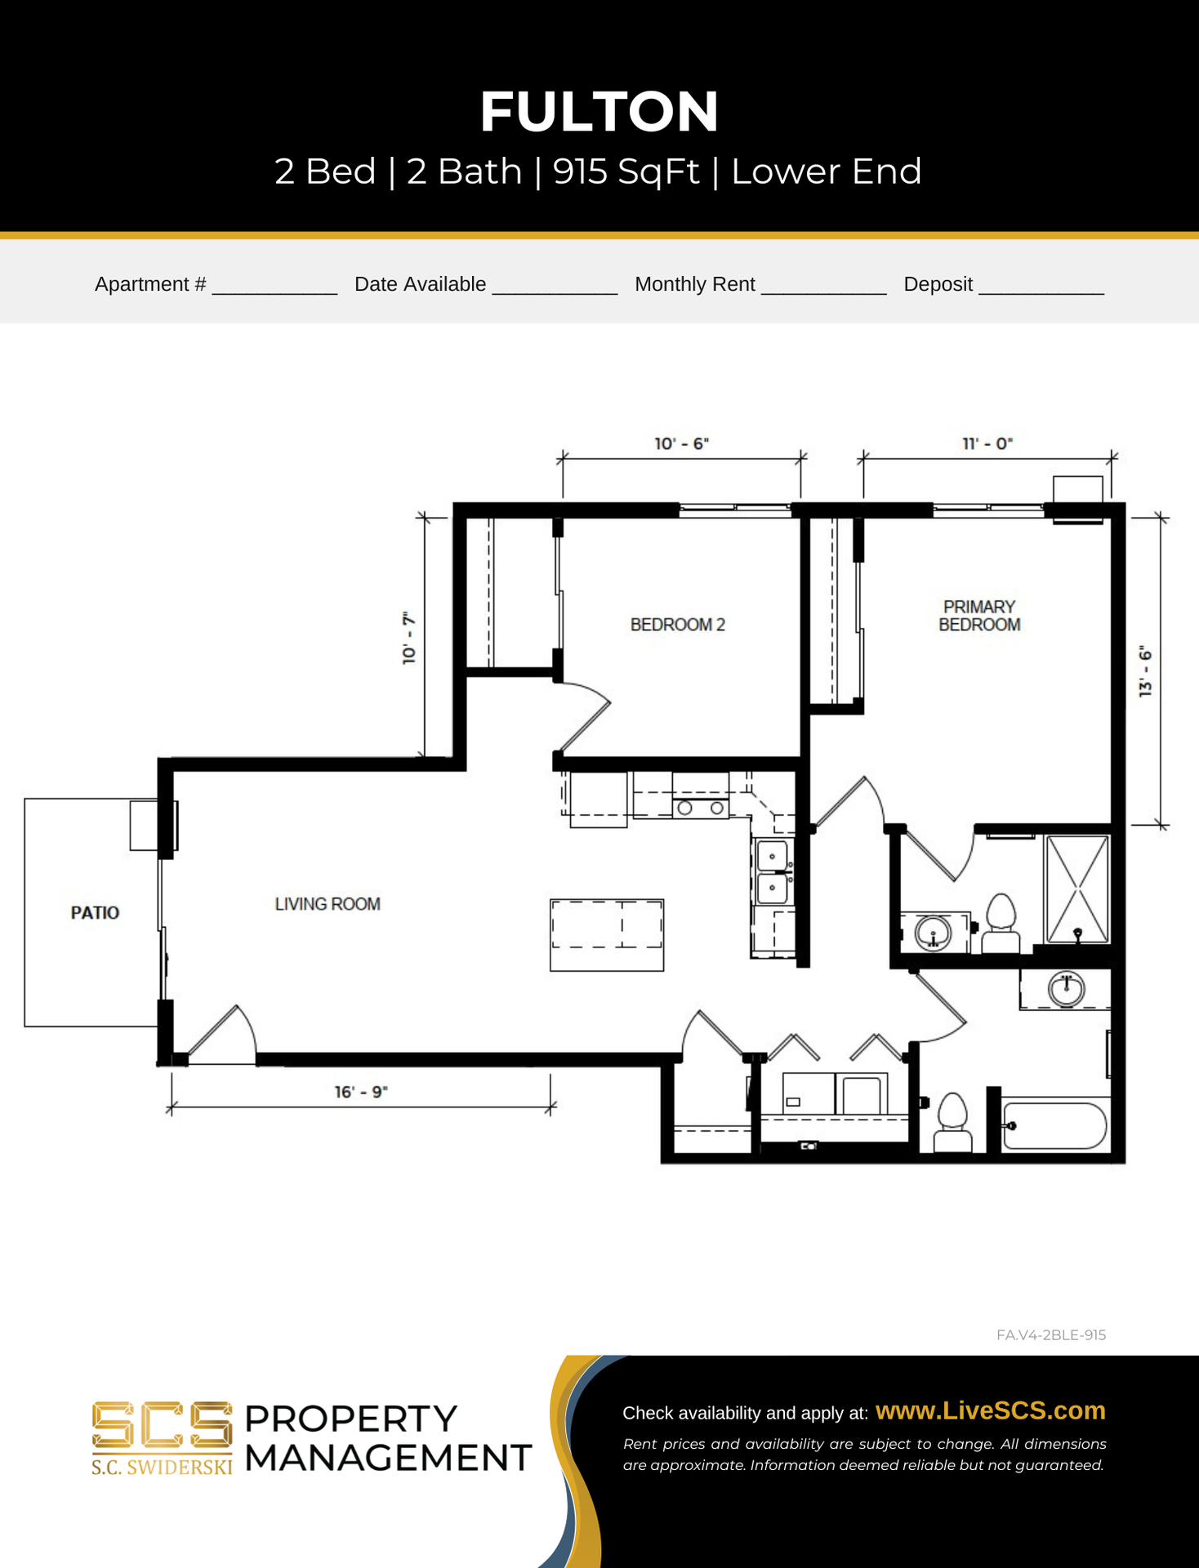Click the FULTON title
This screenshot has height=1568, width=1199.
tap(599, 111)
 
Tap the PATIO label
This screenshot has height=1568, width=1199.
tap(95, 912)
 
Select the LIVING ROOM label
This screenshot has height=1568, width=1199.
tap(328, 904)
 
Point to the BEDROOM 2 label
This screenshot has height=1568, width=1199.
tap(678, 625)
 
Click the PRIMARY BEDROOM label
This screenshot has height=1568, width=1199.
tap(979, 616)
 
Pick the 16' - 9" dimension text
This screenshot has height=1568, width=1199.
tap(361, 1092)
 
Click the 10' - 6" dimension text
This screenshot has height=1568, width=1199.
tap(682, 443)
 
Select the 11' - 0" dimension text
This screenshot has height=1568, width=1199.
tap(987, 443)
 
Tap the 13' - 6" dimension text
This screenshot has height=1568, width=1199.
tap(1145, 671)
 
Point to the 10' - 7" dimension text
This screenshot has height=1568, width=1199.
tap(409, 638)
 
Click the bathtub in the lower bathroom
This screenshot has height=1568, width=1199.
tap(1054, 1126)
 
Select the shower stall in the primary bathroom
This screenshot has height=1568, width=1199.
tap(1078, 889)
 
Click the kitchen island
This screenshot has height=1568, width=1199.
tap(607, 935)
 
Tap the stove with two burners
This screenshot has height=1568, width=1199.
tap(701, 807)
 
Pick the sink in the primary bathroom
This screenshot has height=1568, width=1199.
tap(933, 933)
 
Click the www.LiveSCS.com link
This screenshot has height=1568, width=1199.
tap(991, 1410)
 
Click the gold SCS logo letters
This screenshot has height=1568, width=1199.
tap(162, 1425)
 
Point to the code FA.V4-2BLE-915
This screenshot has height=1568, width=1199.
tap(1051, 1334)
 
